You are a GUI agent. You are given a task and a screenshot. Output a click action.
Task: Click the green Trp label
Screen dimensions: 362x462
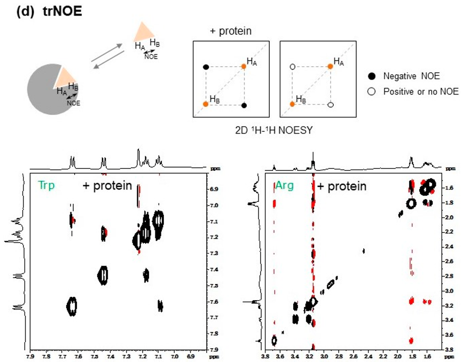click(45, 186)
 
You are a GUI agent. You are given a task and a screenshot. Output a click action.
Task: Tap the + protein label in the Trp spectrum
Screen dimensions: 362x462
click(107, 186)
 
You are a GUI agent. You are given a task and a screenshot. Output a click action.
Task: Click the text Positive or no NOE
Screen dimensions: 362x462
click(420, 91)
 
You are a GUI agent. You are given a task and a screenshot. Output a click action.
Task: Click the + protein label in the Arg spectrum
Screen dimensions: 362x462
click(341, 186)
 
